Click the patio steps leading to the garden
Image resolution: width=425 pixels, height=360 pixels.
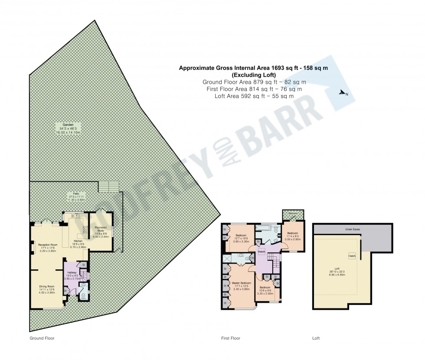click(108, 187)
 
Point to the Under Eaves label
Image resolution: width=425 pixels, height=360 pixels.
click(353, 229)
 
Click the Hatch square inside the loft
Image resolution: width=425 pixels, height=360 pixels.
click(352, 255)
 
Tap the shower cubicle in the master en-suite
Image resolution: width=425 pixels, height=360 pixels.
click(227, 259)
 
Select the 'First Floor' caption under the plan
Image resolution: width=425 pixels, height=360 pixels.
click(230, 338)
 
